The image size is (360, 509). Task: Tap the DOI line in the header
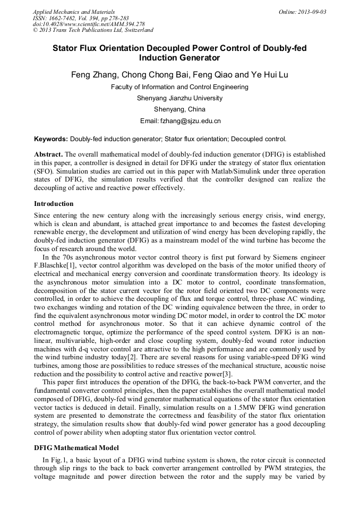coord(89,24)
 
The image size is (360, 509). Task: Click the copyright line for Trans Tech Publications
coord(93,30)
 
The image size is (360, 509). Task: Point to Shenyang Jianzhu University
coord(179,98)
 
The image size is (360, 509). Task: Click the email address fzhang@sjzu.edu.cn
coord(190,121)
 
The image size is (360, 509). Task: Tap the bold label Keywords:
coord(51,140)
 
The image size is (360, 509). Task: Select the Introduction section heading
coord(54,204)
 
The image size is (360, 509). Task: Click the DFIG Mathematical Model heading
coord(76,448)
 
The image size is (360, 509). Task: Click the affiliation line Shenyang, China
coord(179,109)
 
